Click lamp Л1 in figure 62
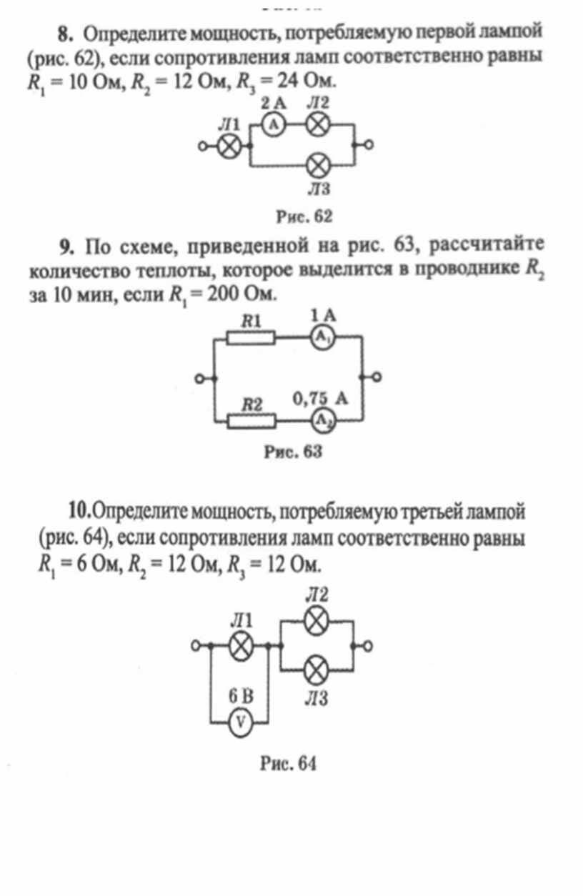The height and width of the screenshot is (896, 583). [x=229, y=146]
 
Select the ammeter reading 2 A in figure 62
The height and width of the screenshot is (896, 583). [x=274, y=104]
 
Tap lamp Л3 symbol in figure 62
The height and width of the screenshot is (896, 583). [x=318, y=166]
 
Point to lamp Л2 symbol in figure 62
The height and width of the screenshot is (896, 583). [x=318, y=124]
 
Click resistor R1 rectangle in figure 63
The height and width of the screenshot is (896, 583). [x=251, y=337]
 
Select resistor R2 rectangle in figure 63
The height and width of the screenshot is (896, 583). [x=251, y=421]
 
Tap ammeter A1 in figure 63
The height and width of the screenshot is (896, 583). [x=323, y=337]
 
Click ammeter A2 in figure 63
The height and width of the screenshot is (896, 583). [x=323, y=421]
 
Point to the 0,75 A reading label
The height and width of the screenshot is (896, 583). [x=320, y=399]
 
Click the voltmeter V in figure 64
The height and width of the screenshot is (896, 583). [x=241, y=722]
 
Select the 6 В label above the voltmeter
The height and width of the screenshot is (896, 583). [x=241, y=697]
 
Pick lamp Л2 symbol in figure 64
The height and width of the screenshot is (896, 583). [x=317, y=621]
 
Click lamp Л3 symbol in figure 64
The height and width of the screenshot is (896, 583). [x=317, y=670]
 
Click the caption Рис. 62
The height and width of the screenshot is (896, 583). [x=304, y=216]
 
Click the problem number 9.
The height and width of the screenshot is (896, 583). [x=66, y=247]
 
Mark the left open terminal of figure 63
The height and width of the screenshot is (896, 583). [x=199, y=378]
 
